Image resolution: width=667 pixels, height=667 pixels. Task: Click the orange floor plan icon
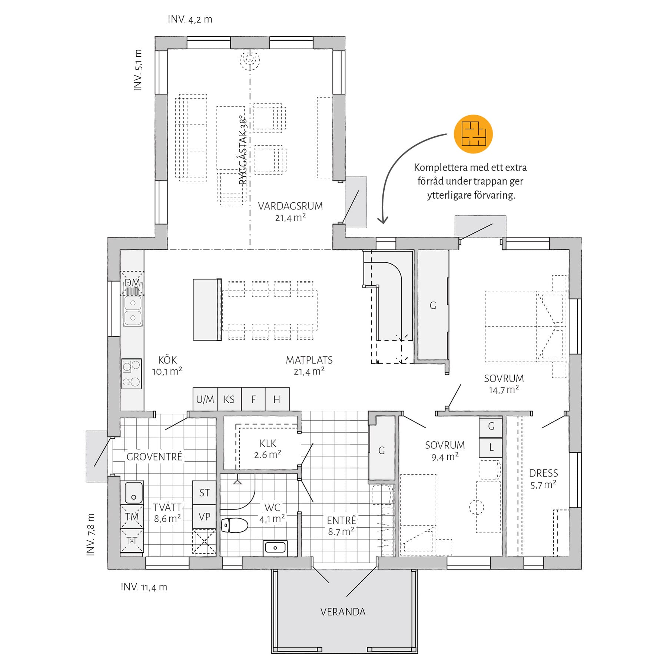pos(473,134)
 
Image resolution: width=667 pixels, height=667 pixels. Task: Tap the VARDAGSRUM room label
pos(290,206)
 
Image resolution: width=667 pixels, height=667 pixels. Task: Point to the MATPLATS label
pos(309,360)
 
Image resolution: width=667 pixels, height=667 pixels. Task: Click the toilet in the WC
pos(234,525)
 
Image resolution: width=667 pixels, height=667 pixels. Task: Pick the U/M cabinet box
pos(205,399)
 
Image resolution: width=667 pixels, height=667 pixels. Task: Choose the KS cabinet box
pos(229,399)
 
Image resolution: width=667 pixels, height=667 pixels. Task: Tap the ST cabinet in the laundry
pos(204,492)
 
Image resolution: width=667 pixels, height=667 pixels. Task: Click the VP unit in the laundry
pos(204,517)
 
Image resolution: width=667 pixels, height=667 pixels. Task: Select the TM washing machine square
pos(132,517)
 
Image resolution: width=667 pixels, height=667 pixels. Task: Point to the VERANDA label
pos(343,611)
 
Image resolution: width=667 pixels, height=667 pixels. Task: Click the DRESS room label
pos(543,473)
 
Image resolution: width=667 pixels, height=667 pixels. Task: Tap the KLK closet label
pos(268,443)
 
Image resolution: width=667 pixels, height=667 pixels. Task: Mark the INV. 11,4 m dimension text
pos(144,587)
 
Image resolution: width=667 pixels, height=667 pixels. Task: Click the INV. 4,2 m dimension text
pos(190,19)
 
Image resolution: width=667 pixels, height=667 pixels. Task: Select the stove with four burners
pos(132,374)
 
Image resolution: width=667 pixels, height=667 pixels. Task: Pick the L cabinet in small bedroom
pos(491,447)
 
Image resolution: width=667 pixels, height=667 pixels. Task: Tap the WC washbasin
pos(275,548)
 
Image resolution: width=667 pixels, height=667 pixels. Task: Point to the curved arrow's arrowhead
pos(383,220)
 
